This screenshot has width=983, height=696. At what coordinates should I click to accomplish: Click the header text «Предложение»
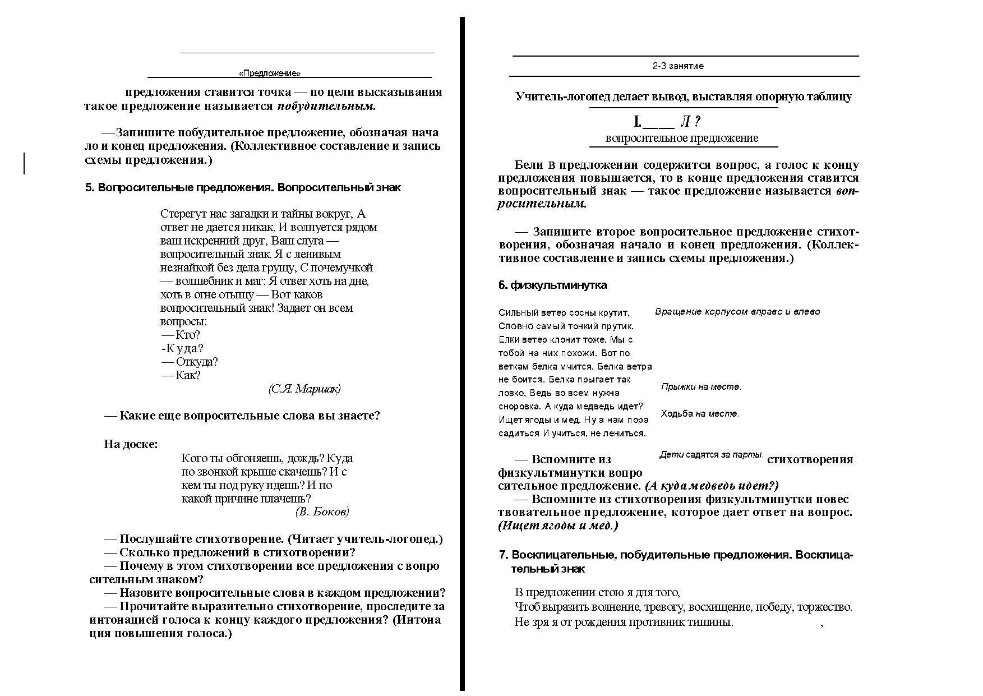pos(269,73)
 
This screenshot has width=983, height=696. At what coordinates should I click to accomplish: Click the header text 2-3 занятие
pos(677,66)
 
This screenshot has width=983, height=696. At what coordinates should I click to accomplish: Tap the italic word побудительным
pos(326,106)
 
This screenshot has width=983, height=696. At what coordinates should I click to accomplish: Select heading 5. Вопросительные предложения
pos(243,187)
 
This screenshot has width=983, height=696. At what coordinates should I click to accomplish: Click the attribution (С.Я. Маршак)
pos(304,389)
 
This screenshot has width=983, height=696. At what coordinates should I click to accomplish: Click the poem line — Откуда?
pos(190,362)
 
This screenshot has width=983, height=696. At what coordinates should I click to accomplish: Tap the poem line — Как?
pos(181,375)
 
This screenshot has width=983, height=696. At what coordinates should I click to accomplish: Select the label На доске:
pos(131,444)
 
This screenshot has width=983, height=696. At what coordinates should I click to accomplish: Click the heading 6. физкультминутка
pos(552,285)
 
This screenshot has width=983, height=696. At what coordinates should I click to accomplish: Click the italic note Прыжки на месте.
pos(701,386)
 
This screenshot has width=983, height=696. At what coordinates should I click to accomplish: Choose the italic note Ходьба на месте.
pos(700,413)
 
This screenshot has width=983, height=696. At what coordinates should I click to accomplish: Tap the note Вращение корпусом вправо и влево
pos(737,311)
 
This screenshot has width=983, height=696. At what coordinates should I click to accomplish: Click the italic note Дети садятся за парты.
pos(711,455)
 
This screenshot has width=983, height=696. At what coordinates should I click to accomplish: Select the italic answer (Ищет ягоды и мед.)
pos(557,526)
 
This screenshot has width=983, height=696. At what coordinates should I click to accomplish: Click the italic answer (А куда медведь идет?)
pos(711,486)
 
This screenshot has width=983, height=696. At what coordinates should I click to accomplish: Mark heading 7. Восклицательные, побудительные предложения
pos(675,555)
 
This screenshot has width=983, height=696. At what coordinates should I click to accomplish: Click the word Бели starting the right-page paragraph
pos(528,165)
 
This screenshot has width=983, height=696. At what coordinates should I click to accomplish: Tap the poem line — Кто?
pos(181,335)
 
